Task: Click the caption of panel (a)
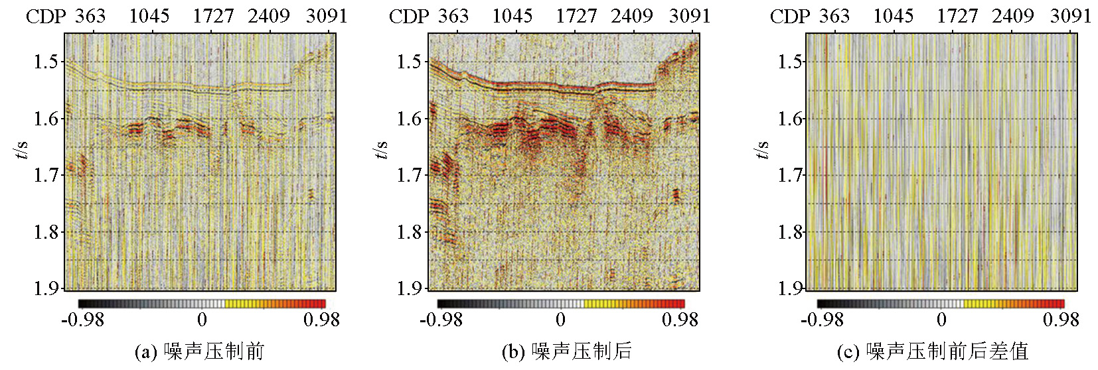[x=199, y=351]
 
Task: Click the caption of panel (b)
[x=566, y=351]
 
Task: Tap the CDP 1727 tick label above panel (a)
[x=213, y=16]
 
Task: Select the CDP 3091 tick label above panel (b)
[x=690, y=16]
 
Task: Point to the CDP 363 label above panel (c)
[x=834, y=16]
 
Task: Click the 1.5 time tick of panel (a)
[x=46, y=62]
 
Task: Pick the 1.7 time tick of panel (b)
[x=410, y=175]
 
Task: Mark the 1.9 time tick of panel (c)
[x=790, y=288]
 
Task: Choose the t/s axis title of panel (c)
[x=763, y=149]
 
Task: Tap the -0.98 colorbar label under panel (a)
[x=82, y=320]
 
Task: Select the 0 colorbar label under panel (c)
[x=941, y=320]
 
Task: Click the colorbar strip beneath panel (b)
[x=561, y=304]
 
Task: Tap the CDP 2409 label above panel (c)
[x=1013, y=16]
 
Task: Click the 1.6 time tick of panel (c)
[x=790, y=119]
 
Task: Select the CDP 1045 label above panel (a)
[x=149, y=16]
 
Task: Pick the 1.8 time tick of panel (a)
[x=46, y=232]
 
